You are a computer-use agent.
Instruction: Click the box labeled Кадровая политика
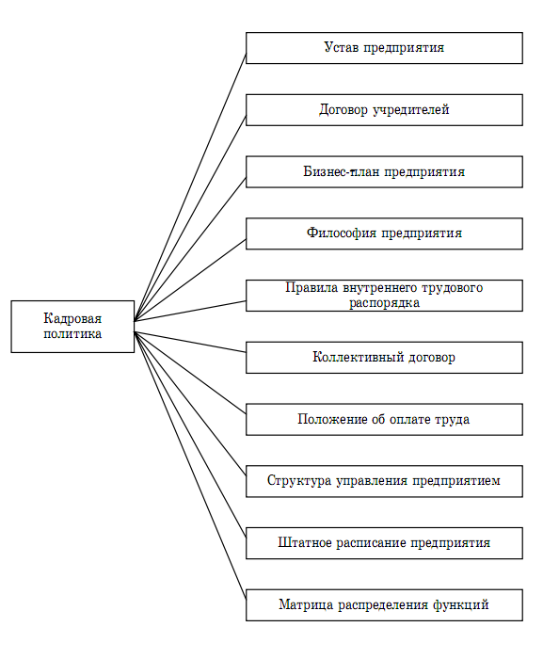point(72,327)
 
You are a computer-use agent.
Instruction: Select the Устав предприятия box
point(384,48)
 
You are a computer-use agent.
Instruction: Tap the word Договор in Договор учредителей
point(343,110)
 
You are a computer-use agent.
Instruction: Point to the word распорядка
point(384,303)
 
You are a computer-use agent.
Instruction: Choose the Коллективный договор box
point(384,358)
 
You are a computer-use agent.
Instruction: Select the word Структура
point(299,481)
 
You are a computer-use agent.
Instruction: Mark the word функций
point(460,605)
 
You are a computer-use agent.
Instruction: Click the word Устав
point(342,47)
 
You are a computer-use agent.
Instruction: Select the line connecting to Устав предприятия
point(190,187)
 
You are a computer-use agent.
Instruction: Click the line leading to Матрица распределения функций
point(190,465)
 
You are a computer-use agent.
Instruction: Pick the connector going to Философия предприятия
point(190,281)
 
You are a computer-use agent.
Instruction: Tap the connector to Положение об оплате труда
point(190,373)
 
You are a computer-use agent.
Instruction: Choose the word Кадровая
point(72,318)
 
